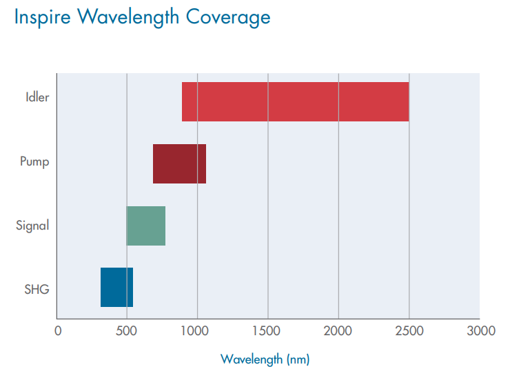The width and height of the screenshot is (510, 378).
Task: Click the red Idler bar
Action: (x=295, y=101)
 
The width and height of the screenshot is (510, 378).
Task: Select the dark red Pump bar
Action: (x=179, y=163)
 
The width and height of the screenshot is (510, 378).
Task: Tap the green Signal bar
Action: (x=146, y=226)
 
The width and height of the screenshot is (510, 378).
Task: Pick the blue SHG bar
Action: (x=116, y=287)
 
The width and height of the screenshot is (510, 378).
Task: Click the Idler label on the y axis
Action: (x=37, y=97)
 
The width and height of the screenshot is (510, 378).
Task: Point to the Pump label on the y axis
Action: (x=34, y=161)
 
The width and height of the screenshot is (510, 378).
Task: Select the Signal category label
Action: (x=32, y=226)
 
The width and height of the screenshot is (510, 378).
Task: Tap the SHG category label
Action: (x=37, y=289)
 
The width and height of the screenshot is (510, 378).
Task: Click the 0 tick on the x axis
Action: (x=58, y=330)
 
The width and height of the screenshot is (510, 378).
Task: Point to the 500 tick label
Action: (x=127, y=330)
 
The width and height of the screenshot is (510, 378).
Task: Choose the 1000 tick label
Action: (x=197, y=330)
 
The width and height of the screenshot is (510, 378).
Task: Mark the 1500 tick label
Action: (x=267, y=330)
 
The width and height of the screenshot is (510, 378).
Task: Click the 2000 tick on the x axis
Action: (x=338, y=330)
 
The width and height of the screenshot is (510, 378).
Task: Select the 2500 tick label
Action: (x=409, y=330)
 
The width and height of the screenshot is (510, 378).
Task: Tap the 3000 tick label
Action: (x=479, y=330)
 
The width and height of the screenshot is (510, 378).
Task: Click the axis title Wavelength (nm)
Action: (x=265, y=359)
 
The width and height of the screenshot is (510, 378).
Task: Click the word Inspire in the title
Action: (x=43, y=18)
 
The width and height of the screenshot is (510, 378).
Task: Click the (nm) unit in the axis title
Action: (x=298, y=359)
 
